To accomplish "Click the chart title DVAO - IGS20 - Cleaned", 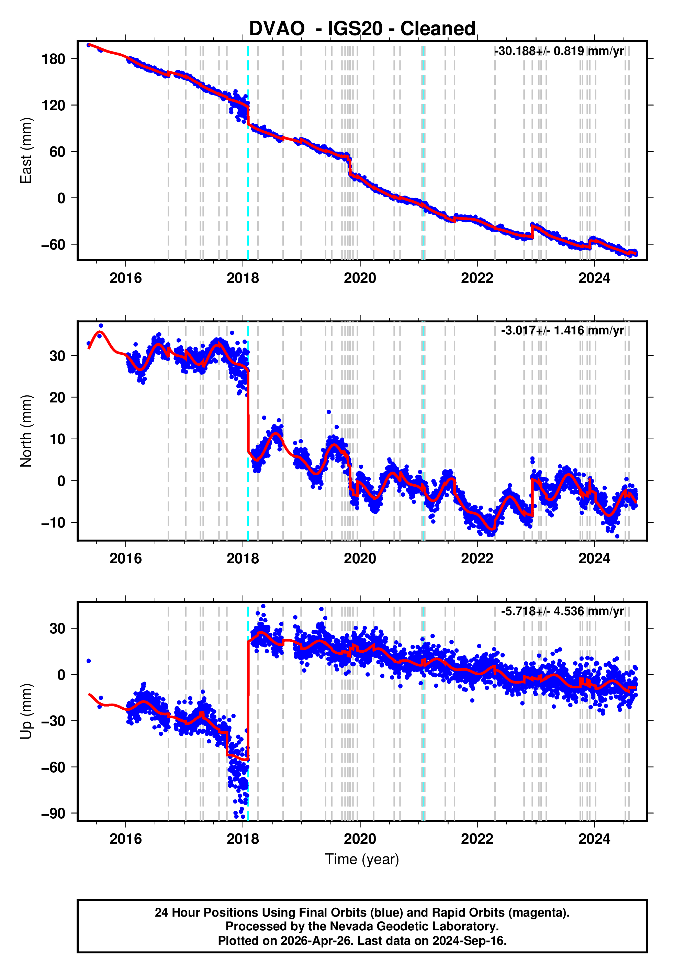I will [x=362, y=29].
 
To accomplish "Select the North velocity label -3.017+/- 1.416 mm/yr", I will [x=562, y=330].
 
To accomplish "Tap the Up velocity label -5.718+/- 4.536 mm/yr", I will [x=562, y=611].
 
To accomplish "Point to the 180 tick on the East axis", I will [x=53, y=59].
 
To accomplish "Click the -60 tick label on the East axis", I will [x=53, y=245].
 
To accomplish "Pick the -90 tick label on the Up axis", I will [x=53, y=813].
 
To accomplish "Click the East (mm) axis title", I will [x=26, y=151].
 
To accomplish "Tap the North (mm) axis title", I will [x=26, y=431].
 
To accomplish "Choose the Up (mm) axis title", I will [x=26, y=712].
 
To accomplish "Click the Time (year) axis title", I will [x=362, y=860].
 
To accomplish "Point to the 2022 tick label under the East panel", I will [x=477, y=278].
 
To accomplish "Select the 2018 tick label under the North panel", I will [x=243, y=558].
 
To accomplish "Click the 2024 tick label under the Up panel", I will [x=594, y=839].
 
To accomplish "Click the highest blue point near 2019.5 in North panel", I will [x=328, y=412].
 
